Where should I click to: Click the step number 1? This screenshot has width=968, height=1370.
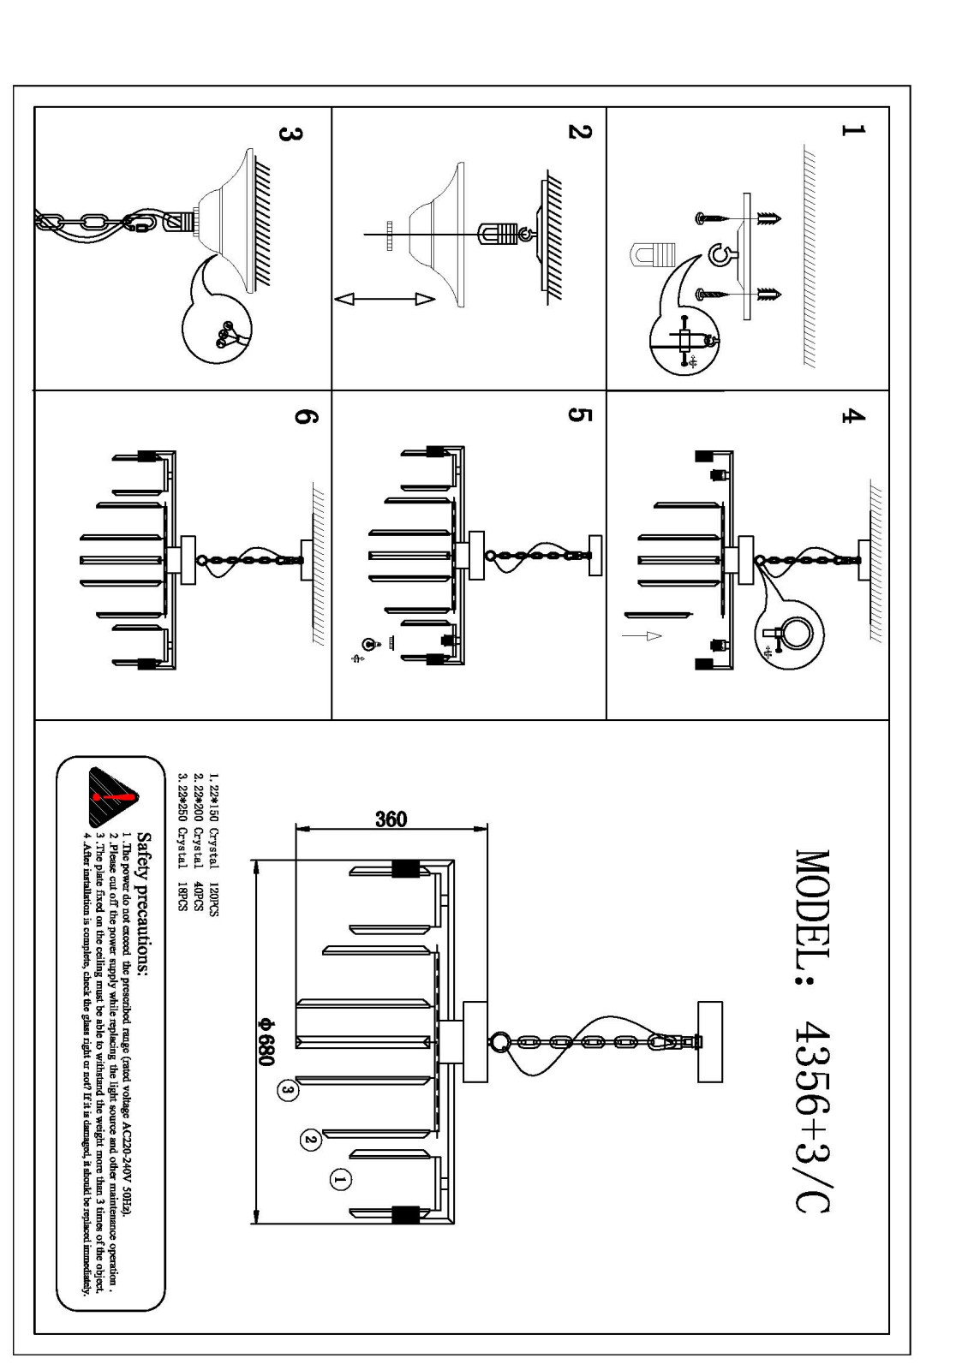pos(853,129)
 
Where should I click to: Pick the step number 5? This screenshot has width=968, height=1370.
pos(579,414)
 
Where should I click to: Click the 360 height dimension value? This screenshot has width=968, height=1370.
pos(391,819)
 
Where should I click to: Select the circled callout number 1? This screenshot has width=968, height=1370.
pos(339,1180)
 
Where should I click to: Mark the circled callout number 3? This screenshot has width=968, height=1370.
pos(288,1090)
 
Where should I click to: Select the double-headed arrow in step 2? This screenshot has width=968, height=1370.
pos(386,299)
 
